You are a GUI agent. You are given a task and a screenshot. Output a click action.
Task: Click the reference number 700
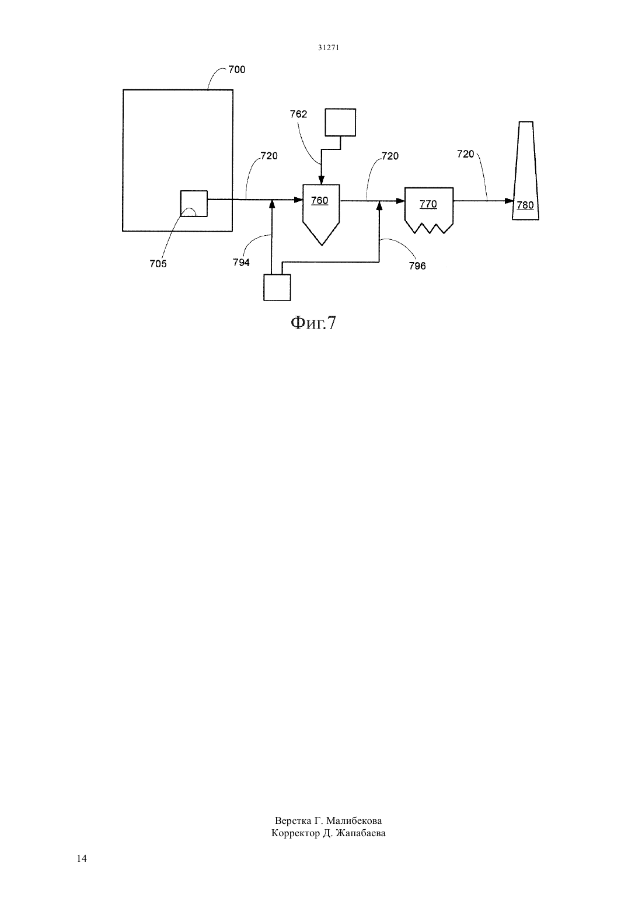[237, 69]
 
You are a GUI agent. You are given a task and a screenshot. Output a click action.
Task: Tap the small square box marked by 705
[194, 204]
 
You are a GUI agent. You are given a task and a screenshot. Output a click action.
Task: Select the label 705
[158, 264]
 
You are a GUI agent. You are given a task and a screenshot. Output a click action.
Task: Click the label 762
[298, 114]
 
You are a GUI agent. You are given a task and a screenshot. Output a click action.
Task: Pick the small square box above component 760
[340, 123]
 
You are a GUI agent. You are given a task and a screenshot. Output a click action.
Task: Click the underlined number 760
[319, 201]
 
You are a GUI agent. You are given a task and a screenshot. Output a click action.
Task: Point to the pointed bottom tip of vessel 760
[322, 245]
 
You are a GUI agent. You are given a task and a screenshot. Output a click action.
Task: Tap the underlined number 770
[428, 204]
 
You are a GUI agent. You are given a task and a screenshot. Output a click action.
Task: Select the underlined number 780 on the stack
[525, 205]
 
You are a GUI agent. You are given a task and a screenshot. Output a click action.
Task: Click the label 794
[241, 263]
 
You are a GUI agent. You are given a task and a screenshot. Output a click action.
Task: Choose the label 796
[417, 266]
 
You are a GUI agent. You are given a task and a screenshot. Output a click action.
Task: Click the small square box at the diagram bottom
[277, 288]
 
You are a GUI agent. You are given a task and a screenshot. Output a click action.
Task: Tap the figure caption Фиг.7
[313, 323]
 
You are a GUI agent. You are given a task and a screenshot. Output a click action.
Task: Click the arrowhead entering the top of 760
[321, 180]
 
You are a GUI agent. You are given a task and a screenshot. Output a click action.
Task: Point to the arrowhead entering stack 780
[510, 201]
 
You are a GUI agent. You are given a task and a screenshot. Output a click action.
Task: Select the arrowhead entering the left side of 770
[400, 201]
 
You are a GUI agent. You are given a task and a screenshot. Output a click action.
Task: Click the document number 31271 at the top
[328, 48]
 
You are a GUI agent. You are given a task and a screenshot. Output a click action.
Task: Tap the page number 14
[82, 858]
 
